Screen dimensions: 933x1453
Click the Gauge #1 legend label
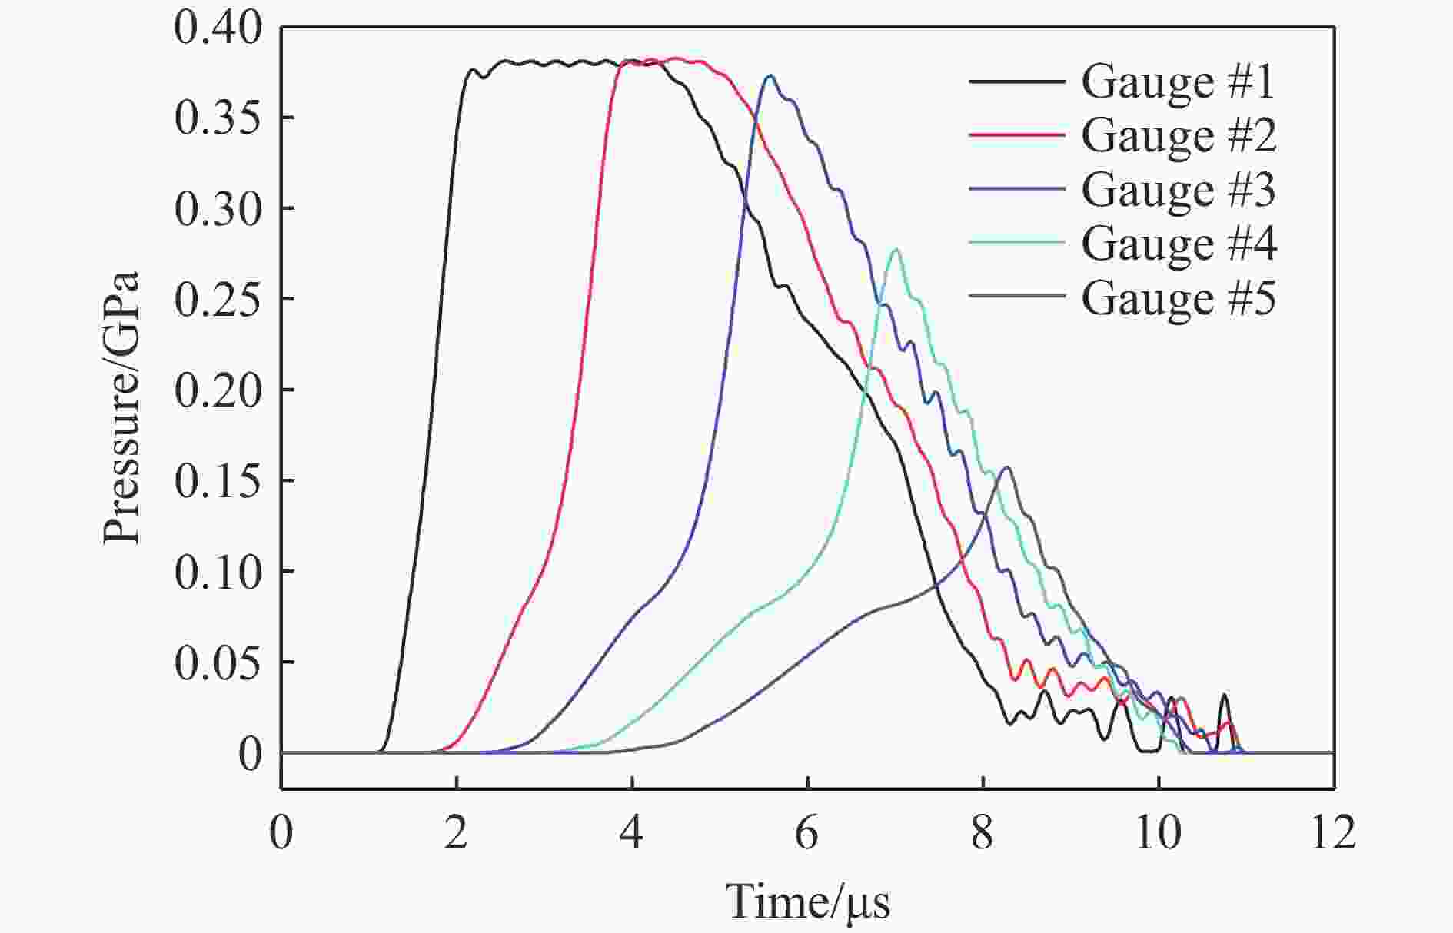(x=1178, y=81)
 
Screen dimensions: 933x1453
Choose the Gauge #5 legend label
(x=1178, y=297)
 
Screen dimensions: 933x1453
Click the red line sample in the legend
(x=1016, y=135)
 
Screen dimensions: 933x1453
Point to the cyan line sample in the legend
(x=1016, y=243)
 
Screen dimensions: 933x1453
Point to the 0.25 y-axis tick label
(x=218, y=300)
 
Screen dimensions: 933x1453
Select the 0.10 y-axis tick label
(x=218, y=573)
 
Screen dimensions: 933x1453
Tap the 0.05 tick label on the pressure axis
(x=218, y=663)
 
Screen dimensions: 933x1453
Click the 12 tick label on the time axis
(x=1332, y=833)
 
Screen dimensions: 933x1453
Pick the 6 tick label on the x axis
(x=806, y=833)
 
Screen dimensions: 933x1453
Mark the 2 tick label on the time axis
(x=456, y=833)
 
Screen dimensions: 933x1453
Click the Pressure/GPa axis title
(x=121, y=407)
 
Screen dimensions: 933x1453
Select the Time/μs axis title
(x=807, y=901)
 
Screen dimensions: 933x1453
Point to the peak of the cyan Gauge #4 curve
(x=895, y=250)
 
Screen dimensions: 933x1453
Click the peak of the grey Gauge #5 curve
(x=1006, y=467)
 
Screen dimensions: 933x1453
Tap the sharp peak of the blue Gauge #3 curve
(x=770, y=75)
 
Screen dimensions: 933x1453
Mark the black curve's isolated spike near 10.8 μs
(x=1224, y=696)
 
